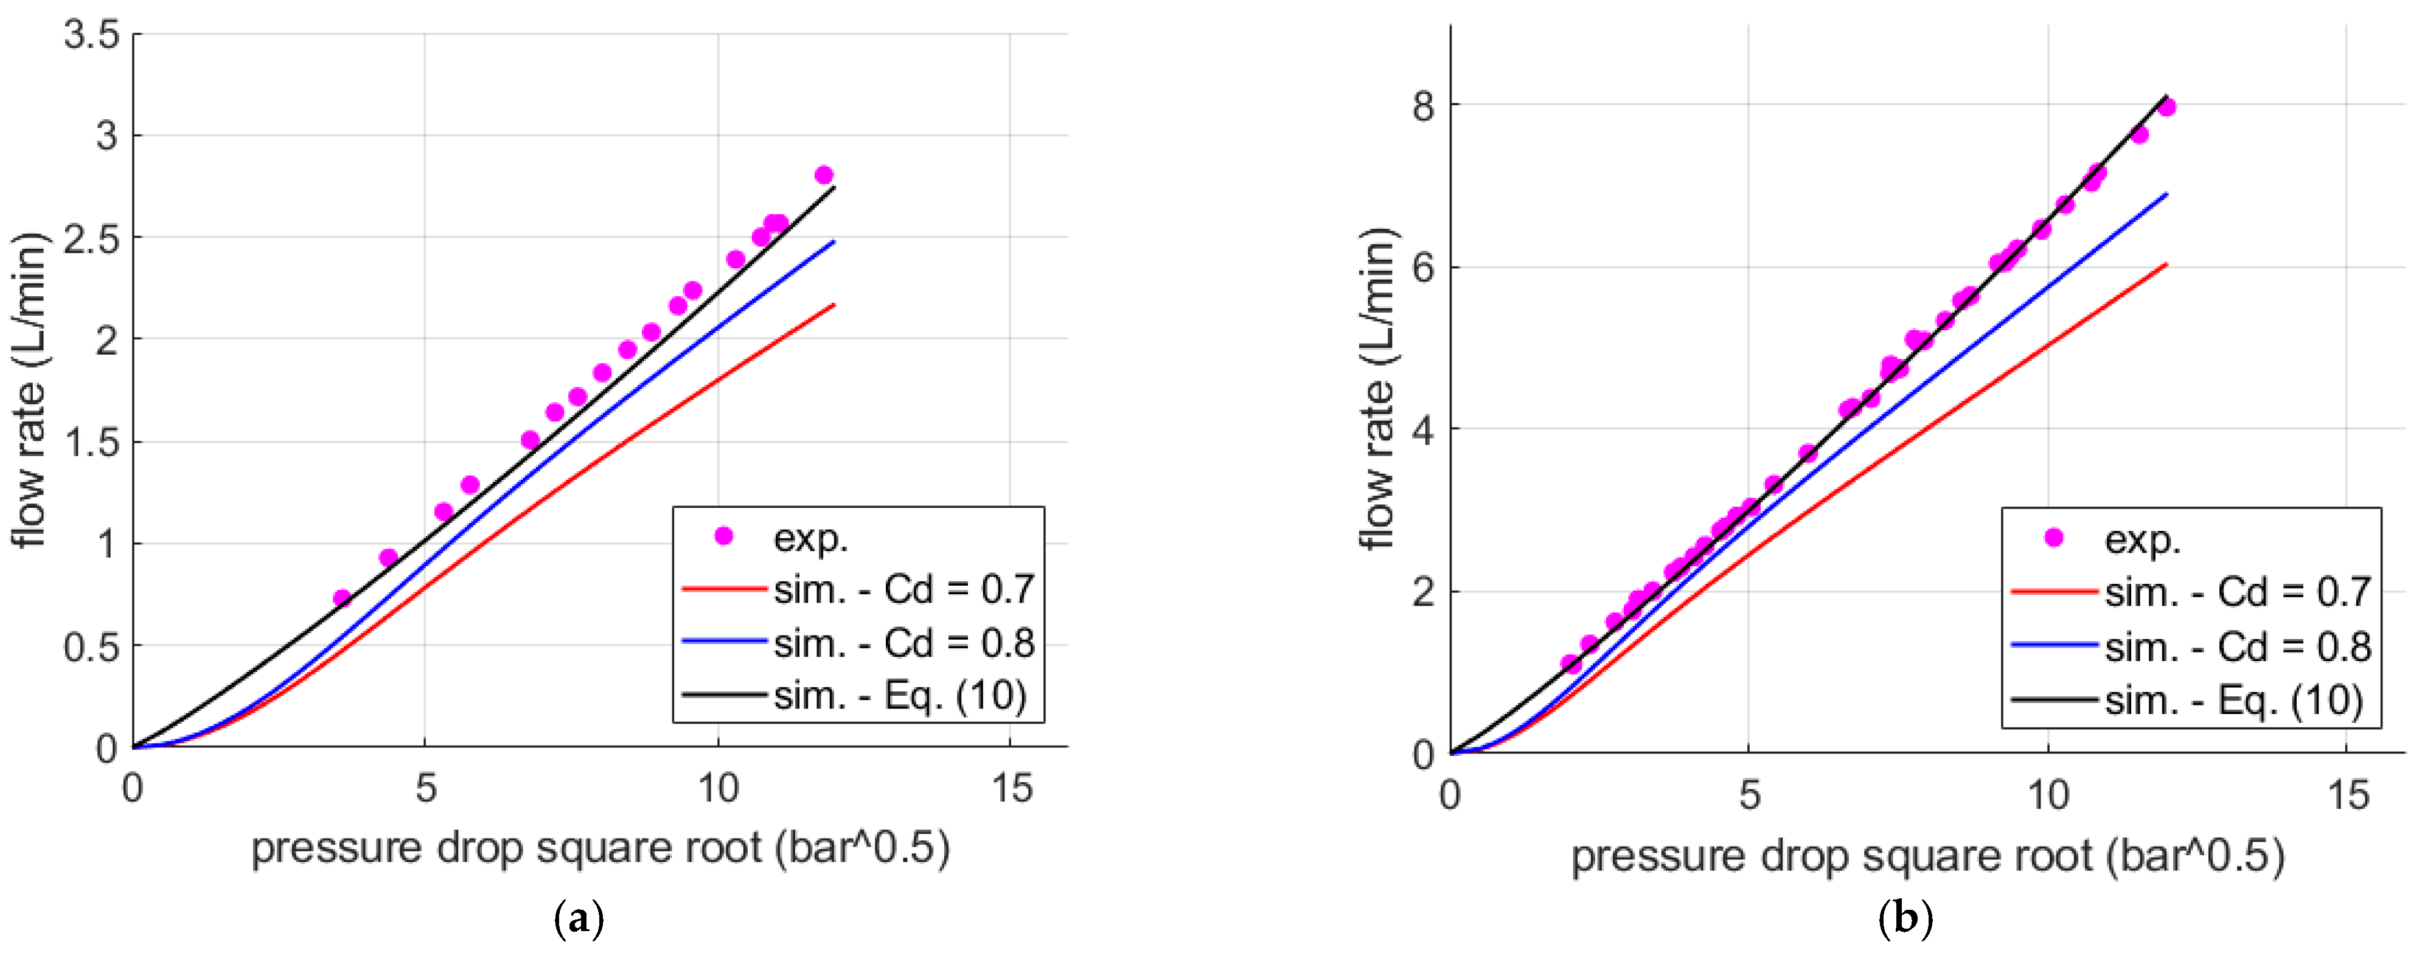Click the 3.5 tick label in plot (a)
91,35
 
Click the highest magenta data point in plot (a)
824,175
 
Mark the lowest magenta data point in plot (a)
343,598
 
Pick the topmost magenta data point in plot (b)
2166,107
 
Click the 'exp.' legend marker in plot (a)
723,536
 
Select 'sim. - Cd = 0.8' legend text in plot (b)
2238,646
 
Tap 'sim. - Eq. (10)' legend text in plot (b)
2233,700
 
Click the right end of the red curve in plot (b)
2166,264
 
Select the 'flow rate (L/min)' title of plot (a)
29,390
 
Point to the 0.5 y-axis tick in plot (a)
91,646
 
